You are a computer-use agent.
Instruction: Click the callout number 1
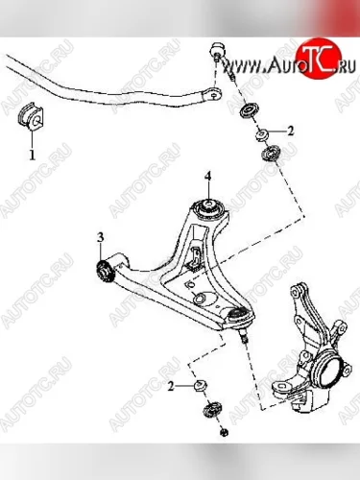click(32, 156)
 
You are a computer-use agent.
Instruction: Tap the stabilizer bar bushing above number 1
click(31, 117)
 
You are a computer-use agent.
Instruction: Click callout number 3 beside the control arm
click(100, 237)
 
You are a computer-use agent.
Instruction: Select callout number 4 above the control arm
click(208, 176)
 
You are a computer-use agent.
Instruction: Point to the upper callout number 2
click(290, 131)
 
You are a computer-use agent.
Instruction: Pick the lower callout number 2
click(171, 387)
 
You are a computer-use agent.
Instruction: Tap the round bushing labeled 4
click(208, 207)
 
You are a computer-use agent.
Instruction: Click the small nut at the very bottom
click(225, 433)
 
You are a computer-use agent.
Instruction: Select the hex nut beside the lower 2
click(201, 384)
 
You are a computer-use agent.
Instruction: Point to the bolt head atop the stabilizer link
click(218, 49)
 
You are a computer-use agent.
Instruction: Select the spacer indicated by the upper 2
click(263, 134)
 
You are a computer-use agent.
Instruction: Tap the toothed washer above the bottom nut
click(212, 410)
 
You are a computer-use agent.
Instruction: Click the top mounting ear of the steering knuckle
click(297, 290)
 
